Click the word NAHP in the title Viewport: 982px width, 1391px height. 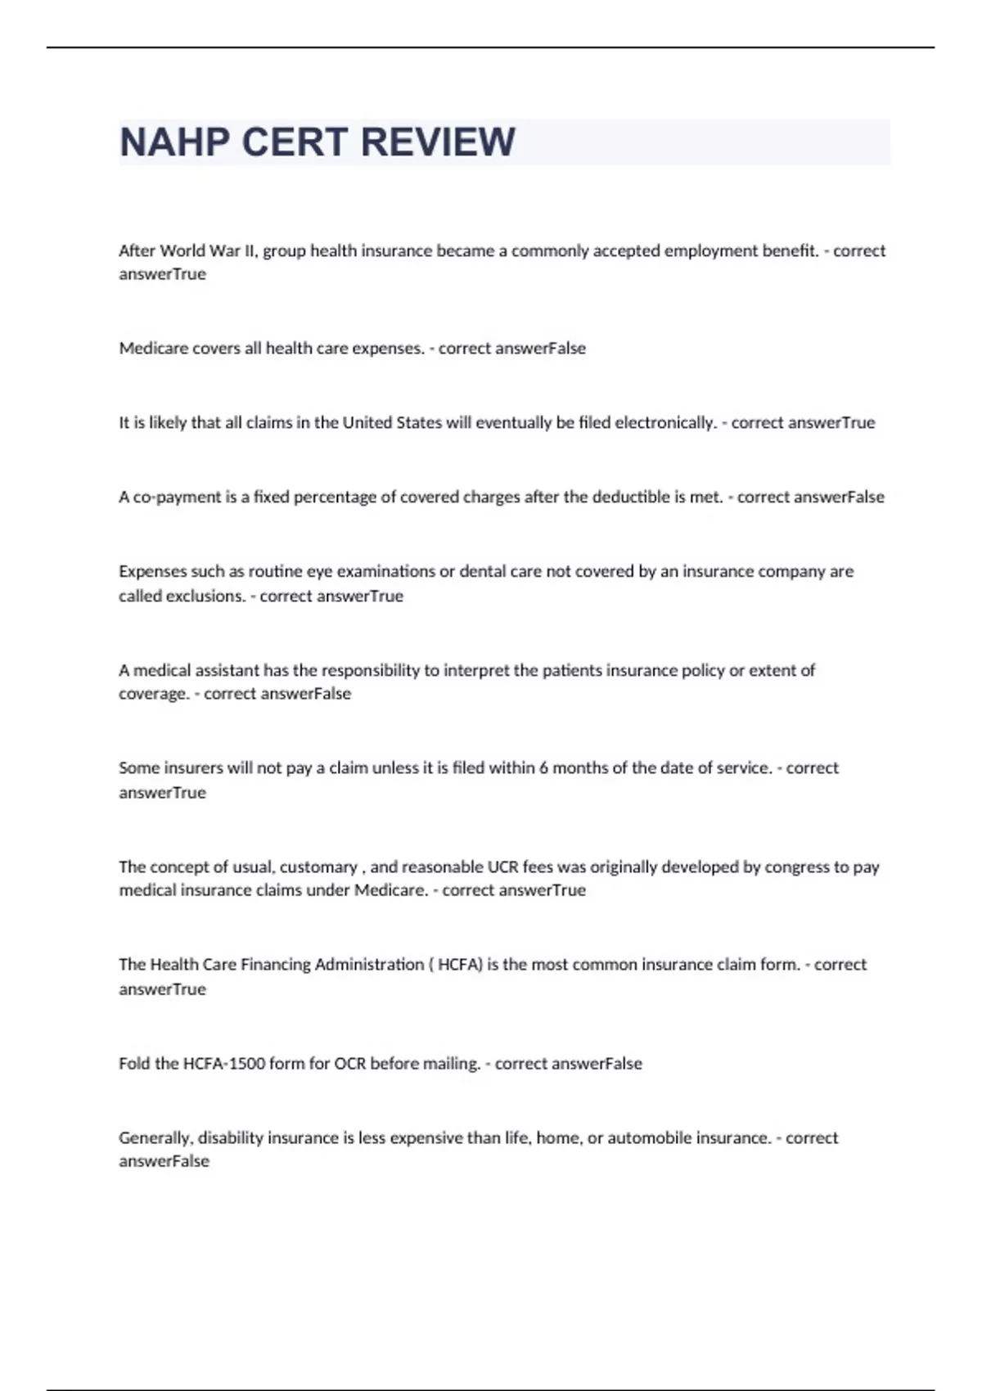pyautogui.click(x=174, y=142)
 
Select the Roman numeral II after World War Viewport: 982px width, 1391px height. pyautogui.click(x=250, y=250)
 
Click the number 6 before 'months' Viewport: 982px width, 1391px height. pyautogui.click(x=543, y=768)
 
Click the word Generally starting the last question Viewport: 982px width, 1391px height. pyautogui.click(x=155, y=1138)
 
